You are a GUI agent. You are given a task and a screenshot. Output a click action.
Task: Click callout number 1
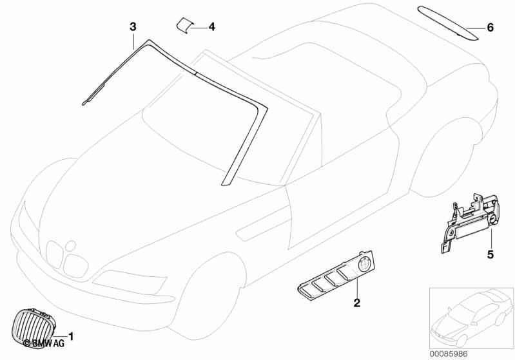[x=71, y=336]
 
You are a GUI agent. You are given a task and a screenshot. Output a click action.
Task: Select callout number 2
[x=356, y=303]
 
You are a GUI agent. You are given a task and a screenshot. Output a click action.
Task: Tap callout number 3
[x=133, y=27]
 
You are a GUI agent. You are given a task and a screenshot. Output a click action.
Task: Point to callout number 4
[x=212, y=27]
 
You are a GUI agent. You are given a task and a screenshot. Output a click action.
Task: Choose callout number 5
[x=491, y=254]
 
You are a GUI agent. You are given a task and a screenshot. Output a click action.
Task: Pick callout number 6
[x=490, y=27]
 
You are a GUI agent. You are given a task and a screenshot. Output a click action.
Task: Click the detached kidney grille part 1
[x=34, y=327]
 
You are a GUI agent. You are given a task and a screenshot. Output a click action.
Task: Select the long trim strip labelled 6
[x=449, y=23]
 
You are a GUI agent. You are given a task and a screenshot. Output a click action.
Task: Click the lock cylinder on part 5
[x=492, y=220]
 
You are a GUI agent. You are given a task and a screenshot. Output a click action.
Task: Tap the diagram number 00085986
[x=449, y=354]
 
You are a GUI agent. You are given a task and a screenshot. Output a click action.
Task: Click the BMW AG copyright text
[x=44, y=343]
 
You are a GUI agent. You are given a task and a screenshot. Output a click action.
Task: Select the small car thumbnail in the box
[x=471, y=318]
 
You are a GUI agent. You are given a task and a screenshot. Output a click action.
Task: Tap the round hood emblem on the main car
[x=70, y=246]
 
